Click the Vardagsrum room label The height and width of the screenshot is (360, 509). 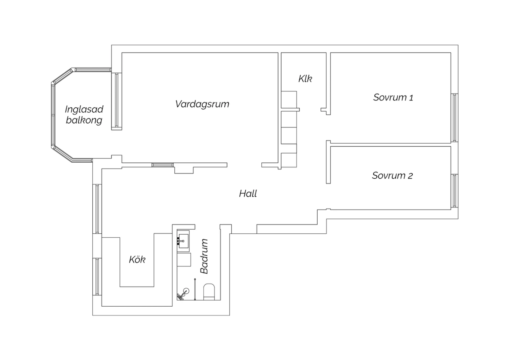pyautogui.click(x=202, y=104)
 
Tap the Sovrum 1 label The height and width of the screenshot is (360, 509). pyautogui.click(x=393, y=97)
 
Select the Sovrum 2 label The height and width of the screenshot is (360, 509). pyautogui.click(x=392, y=176)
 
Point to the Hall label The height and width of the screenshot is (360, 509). pyautogui.click(x=248, y=194)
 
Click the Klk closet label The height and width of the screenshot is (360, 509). pyautogui.click(x=305, y=79)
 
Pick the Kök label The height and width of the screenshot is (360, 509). pyautogui.click(x=137, y=260)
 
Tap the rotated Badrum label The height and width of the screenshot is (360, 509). pyautogui.click(x=204, y=256)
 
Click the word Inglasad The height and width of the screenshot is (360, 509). pyautogui.click(x=84, y=109)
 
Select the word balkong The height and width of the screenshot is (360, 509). pyautogui.click(x=84, y=120)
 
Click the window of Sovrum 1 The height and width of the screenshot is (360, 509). pyautogui.click(x=454, y=118)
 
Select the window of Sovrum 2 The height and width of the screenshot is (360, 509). pyautogui.click(x=454, y=191)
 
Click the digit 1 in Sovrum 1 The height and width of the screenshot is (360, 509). pyautogui.click(x=411, y=98)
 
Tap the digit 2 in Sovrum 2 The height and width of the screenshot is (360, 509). pyautogui.click(x=410, y=176)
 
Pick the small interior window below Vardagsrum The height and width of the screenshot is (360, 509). pyautogui.click(x=163, y=165)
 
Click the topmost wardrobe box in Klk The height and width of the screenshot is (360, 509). pyautogui.click(x=289, y=100)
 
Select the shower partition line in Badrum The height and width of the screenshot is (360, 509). pyautogui.click(x=195, y=289)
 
